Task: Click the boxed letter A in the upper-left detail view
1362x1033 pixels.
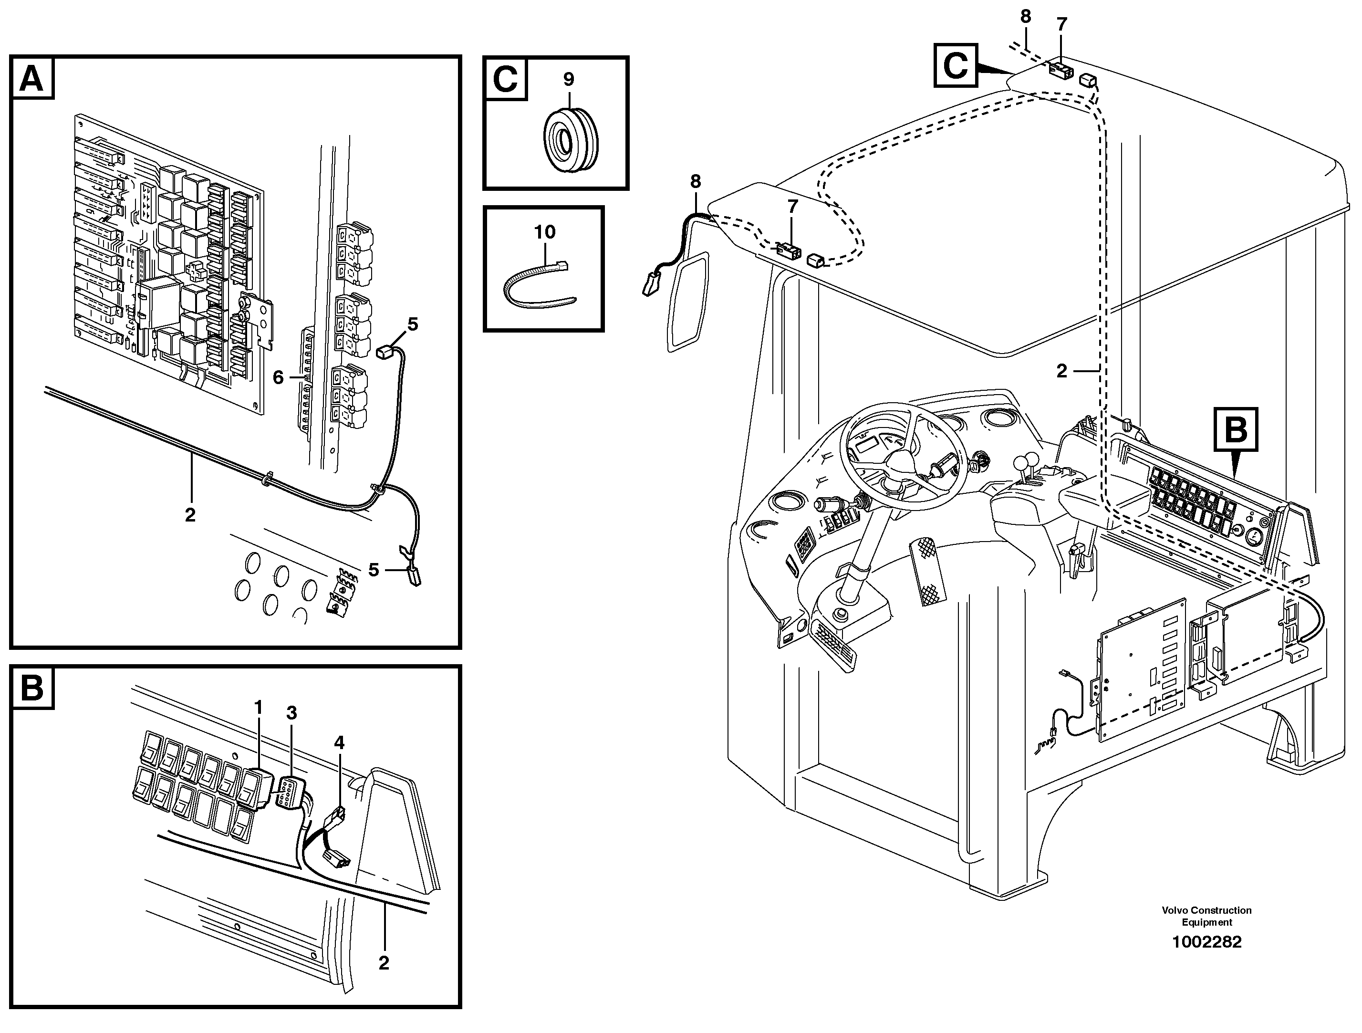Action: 32,78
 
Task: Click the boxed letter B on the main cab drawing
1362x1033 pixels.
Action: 1235,429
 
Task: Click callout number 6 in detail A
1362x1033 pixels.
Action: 278,377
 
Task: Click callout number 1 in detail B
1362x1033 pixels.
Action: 259,707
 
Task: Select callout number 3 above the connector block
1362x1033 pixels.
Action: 291,713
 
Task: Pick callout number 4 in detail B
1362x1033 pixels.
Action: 339,743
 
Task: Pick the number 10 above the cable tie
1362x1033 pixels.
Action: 545,232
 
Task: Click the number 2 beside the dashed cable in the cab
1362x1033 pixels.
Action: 1061,371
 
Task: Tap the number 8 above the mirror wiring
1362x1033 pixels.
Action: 695,182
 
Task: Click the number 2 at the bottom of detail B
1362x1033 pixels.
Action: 384,963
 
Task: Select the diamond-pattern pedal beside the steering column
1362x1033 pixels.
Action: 928,570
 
